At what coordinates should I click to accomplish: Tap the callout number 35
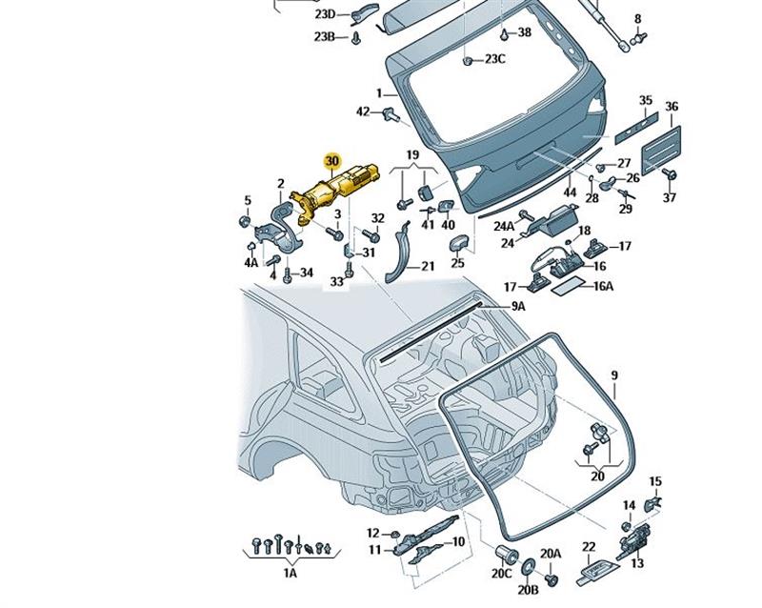coord(646,100)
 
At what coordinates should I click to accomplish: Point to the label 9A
coord(518,306)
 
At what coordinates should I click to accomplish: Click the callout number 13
coord(637,563)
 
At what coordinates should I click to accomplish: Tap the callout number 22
coord(589,546)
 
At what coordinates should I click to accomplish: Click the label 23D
coord(325,14)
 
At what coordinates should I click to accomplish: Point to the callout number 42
coord(363,112)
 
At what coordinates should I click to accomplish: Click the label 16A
coord(604,285)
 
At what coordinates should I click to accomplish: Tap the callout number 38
coord(524,32)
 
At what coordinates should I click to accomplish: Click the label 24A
coord(503,226)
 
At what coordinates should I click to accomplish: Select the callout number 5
coord(247,200)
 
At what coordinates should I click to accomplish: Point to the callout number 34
coord(306,274)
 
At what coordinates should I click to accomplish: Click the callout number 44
coord(570,193)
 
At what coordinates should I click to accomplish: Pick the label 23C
coord(494,59)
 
